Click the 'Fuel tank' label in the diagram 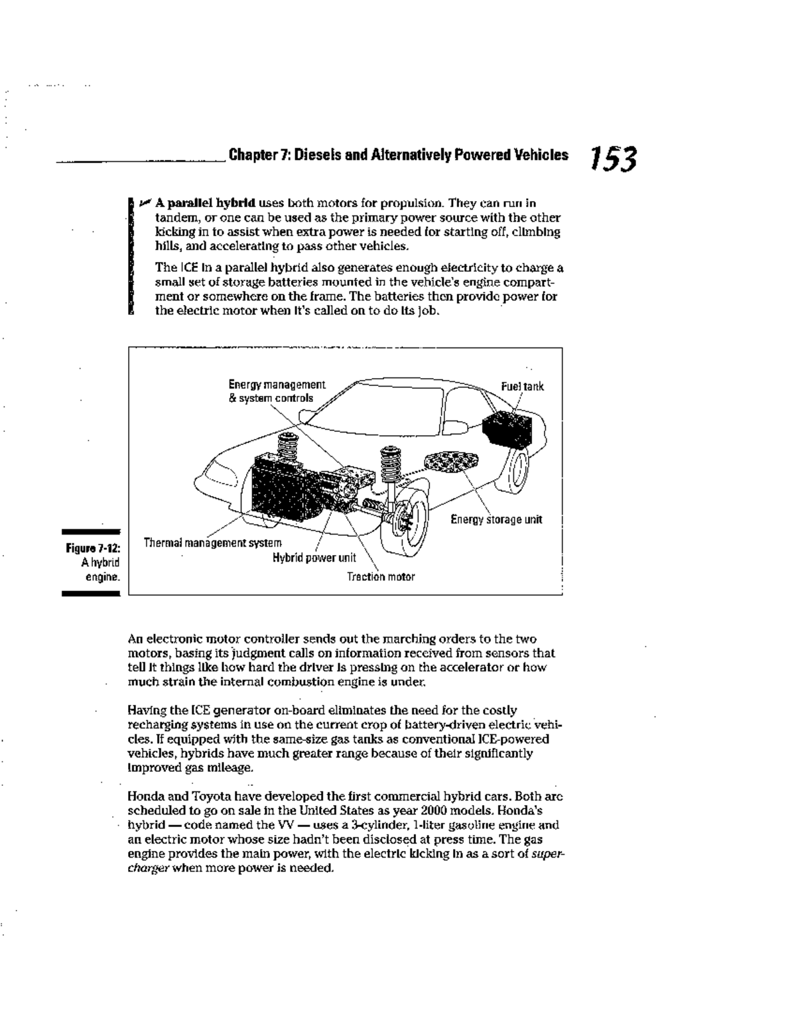pos(523,387)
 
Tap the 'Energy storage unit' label pos(496,519)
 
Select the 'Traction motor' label pos(381,576)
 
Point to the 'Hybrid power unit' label pos(314,558)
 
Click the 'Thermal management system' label pos(212,543)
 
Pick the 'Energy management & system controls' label pos(277,391)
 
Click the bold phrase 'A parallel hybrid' pos(206,203)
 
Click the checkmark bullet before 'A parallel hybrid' pos(145,202)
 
